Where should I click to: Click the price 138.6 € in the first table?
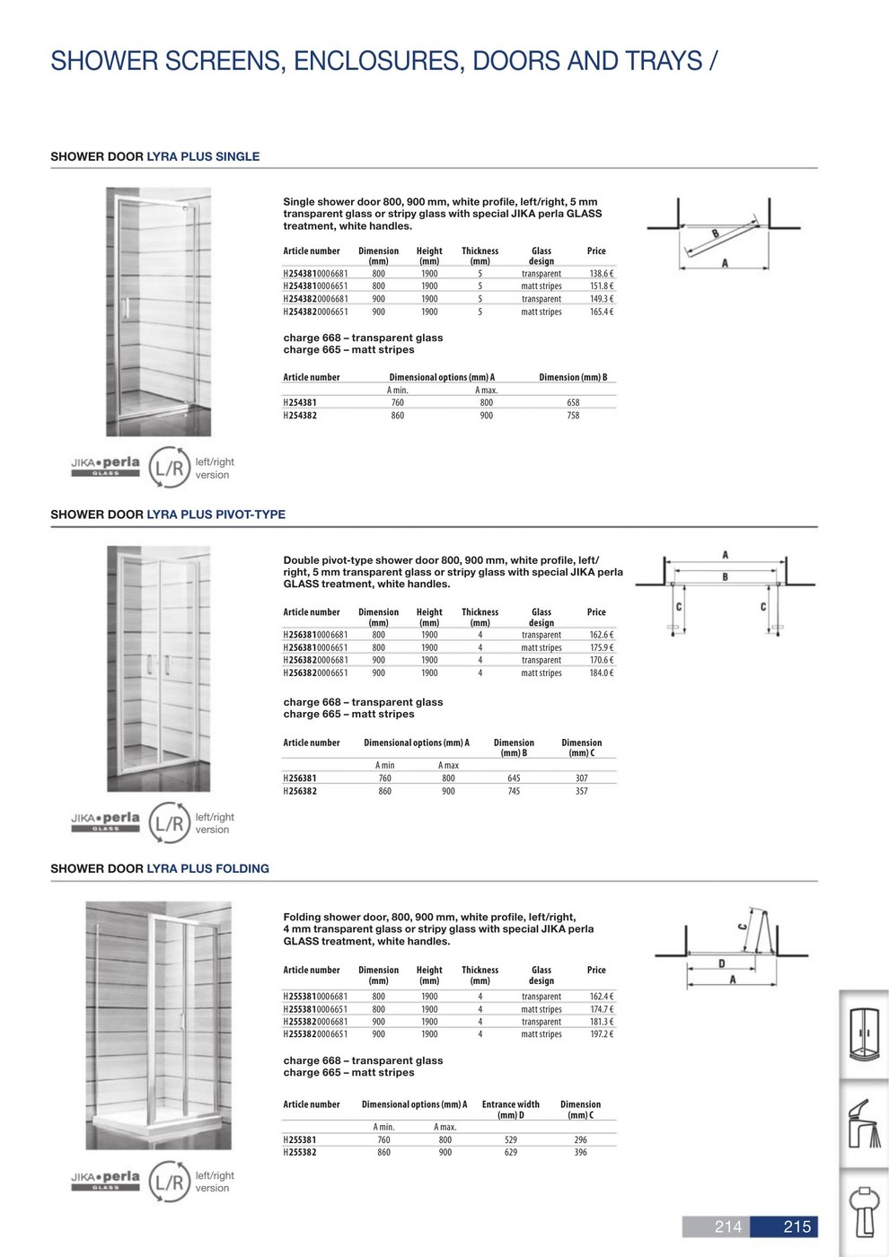pos(601,274)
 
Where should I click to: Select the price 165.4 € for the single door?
pos(601,312)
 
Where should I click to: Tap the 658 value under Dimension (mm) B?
pos(573,403)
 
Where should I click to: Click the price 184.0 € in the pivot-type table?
pos(601,673)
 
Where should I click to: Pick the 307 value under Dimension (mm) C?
pos(581,778)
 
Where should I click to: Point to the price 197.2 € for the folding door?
pos(601,1034)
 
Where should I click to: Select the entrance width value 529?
pos(511,1140)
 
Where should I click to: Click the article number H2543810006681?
pos(315,274)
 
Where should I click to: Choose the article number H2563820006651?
pos(315,673)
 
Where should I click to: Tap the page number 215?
pos(797,1226)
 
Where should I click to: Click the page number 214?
pos(728,1226)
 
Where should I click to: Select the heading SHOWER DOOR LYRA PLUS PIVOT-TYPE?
pos(168,514)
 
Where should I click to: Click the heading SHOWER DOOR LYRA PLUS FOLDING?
pos(160,868)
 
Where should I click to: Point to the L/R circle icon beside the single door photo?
pos(170,468)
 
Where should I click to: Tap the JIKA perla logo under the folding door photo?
pos(106,1179)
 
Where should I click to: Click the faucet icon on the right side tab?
pos(865,1122)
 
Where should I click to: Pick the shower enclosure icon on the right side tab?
pos(865,1033)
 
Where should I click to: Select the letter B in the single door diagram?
pos(716,233)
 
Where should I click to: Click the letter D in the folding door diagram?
pos(722,964)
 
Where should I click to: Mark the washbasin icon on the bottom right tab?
pos(865,1212)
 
